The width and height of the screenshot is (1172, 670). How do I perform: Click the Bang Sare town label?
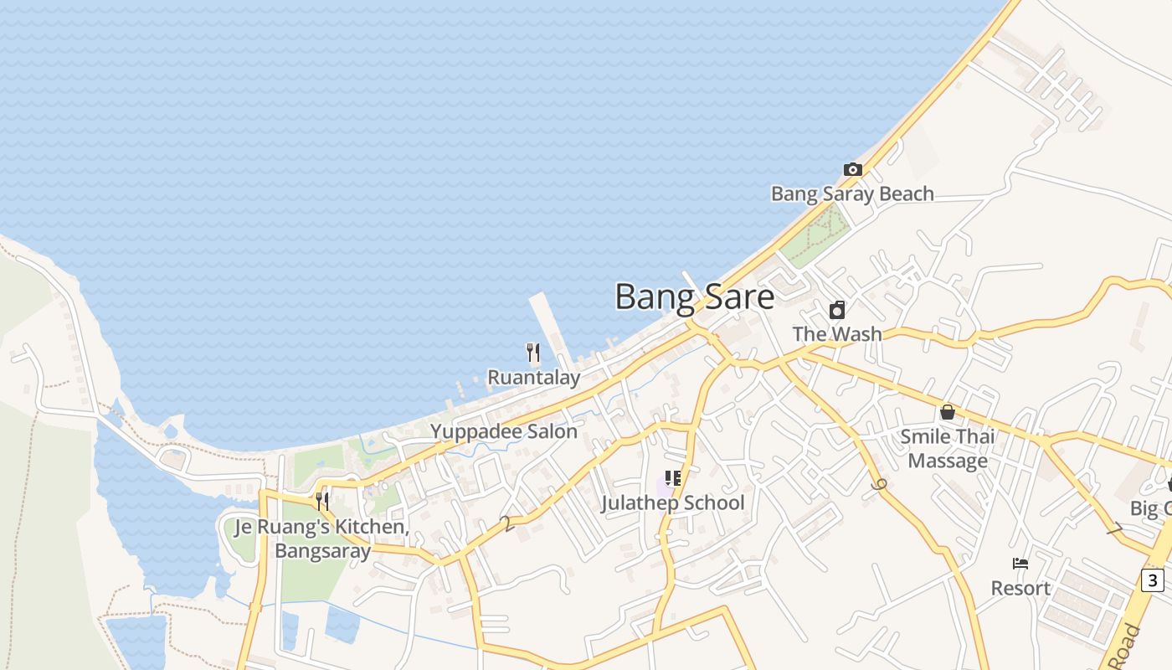694,297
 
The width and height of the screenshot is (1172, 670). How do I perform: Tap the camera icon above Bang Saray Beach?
852,170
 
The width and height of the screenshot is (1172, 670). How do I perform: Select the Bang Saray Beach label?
852,194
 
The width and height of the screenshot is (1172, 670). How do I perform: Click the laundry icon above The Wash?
836,311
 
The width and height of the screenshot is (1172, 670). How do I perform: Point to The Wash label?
836,334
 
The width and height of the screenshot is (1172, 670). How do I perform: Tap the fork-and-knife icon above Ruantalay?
533,353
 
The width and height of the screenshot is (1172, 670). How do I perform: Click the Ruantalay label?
533,378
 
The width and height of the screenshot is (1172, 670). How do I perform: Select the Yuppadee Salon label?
503,432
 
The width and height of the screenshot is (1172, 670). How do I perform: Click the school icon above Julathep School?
672,479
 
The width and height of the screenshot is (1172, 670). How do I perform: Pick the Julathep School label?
672,503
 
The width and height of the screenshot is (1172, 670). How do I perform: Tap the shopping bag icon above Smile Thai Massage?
948,412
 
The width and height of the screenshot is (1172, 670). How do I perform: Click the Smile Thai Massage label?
948,449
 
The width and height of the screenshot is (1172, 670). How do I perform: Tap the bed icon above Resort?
1020,564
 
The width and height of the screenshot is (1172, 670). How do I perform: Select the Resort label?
1020,589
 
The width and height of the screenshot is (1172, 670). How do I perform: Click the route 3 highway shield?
1153,580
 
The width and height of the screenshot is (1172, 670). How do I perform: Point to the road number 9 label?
878,485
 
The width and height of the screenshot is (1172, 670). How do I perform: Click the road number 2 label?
506,523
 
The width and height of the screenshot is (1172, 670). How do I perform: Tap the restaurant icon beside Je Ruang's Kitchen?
322,501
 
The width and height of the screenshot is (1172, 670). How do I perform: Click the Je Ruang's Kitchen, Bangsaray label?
322,539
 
